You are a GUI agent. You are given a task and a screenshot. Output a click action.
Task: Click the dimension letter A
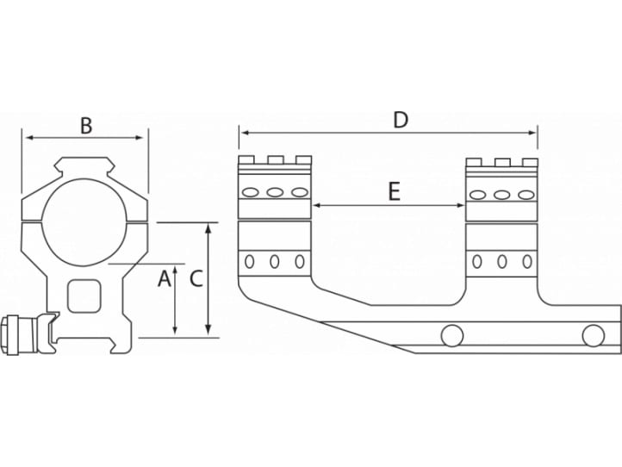(161, 278)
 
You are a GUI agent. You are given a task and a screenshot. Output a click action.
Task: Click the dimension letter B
(86, 126)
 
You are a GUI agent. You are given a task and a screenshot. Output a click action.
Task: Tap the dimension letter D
(401, 120)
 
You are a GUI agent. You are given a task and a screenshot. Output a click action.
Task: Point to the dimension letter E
(394, 192)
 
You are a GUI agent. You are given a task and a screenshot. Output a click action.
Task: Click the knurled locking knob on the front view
(22, 333)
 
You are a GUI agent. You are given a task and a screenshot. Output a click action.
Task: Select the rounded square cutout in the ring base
(84, 296)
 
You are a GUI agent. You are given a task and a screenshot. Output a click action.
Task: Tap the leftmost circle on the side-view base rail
(451, 334)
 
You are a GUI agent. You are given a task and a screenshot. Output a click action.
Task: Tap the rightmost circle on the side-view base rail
(592, 334)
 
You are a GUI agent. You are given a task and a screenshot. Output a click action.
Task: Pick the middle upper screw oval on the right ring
(501, 195)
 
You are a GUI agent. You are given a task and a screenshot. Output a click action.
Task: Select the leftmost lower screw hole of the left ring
(251, 261)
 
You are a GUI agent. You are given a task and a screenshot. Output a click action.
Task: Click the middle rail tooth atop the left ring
(275, 159)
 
